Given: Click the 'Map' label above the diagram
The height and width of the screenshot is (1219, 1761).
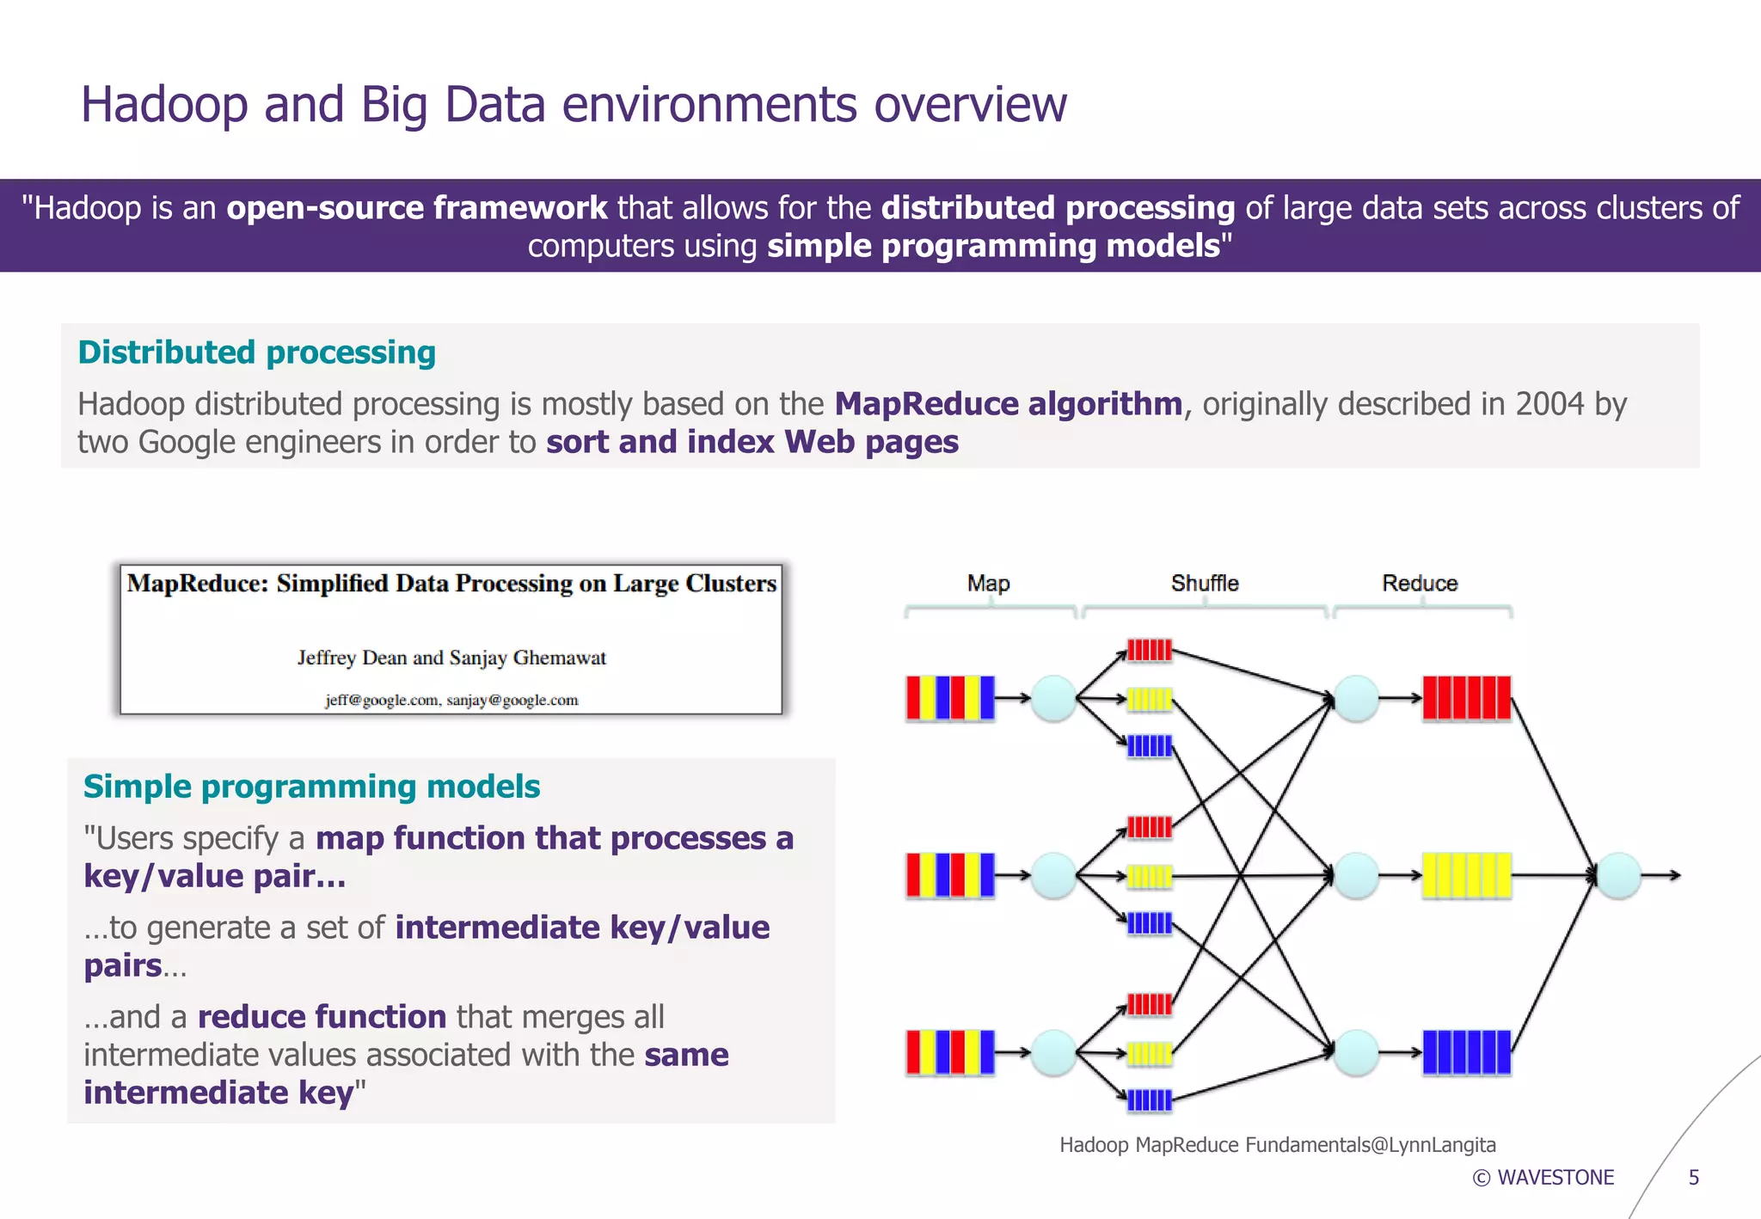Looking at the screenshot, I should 988,583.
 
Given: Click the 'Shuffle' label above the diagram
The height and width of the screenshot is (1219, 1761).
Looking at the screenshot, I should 1204,583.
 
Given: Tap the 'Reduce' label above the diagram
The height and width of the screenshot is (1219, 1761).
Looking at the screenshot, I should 1419,583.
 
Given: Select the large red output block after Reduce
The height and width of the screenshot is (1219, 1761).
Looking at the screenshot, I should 1466,697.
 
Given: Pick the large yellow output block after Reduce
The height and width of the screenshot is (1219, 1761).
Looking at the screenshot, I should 1466,875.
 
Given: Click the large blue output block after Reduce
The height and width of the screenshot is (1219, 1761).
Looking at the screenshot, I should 1466,1052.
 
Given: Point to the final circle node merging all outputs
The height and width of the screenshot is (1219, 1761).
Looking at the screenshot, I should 1618,875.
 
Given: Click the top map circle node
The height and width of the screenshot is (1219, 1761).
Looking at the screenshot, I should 1053,697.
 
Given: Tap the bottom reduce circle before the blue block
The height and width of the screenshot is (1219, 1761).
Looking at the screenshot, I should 1356,1052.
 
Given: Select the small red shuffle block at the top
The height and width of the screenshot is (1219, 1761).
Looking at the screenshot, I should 1149,650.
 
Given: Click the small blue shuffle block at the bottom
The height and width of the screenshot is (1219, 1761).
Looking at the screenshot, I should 1149,1100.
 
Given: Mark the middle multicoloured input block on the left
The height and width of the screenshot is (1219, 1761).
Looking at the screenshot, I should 950,875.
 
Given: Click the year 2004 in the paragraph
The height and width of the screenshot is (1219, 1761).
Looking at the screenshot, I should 1549,404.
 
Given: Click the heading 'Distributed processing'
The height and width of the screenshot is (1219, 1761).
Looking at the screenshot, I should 256,352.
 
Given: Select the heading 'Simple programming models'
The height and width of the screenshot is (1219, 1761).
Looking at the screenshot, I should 311,787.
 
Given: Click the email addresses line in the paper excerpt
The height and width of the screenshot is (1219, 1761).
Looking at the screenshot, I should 451,700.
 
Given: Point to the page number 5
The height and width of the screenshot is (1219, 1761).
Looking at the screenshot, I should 1693,1178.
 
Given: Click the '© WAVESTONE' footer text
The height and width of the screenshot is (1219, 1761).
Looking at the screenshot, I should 1543,1178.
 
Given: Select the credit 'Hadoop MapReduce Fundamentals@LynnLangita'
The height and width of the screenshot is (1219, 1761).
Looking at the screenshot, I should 1277,1145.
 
